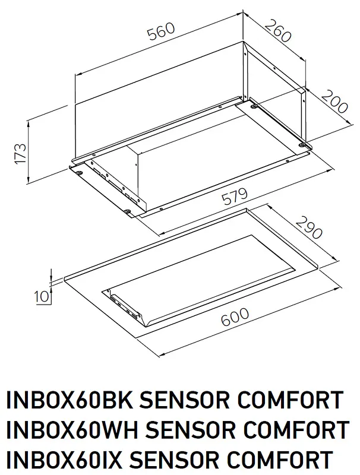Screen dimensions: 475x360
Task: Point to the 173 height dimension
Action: pos(20,154)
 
